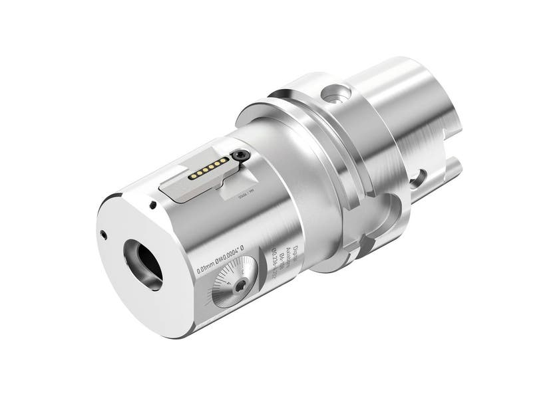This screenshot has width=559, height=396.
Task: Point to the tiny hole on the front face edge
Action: point(102,234)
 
